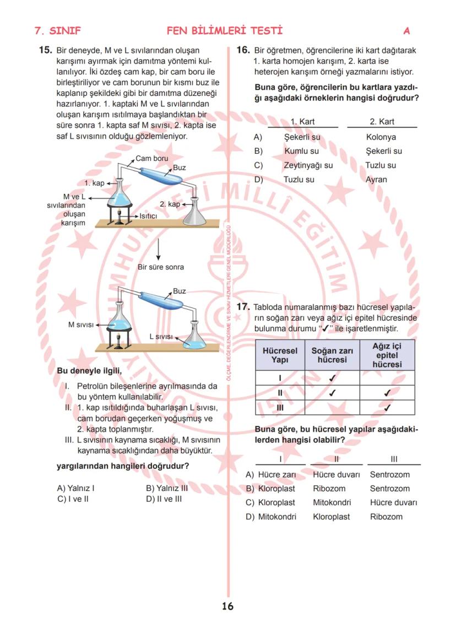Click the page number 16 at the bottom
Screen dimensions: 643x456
[x=227, y=607]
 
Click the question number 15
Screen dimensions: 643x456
[x=46, y=50]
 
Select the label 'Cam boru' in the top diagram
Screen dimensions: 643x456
[x=152, y=158]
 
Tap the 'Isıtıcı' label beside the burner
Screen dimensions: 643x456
[x=148, y=216]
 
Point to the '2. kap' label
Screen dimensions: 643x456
[x=170, y=204]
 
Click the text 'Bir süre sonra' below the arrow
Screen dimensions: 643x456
[x=160, y=267]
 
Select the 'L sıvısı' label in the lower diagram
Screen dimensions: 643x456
[x=161, y=336]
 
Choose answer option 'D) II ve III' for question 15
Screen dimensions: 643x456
[x=164, y=499]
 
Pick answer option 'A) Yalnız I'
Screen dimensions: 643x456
[x=75, y=488]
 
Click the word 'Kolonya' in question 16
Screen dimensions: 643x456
[x=381, y=137]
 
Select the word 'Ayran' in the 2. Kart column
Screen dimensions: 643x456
[x=376, y=180]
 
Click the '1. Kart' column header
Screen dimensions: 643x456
[x=302, y=122]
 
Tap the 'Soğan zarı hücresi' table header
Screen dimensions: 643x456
[x=332, y=355]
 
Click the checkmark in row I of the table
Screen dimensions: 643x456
[x=332, y=379]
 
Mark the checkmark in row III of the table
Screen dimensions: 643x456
[x=387, y=408]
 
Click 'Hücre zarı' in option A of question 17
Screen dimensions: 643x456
[x=277, y=474]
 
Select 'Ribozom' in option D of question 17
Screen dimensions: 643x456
[x=386, y=517]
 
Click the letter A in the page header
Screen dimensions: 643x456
[x=406, y=31]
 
